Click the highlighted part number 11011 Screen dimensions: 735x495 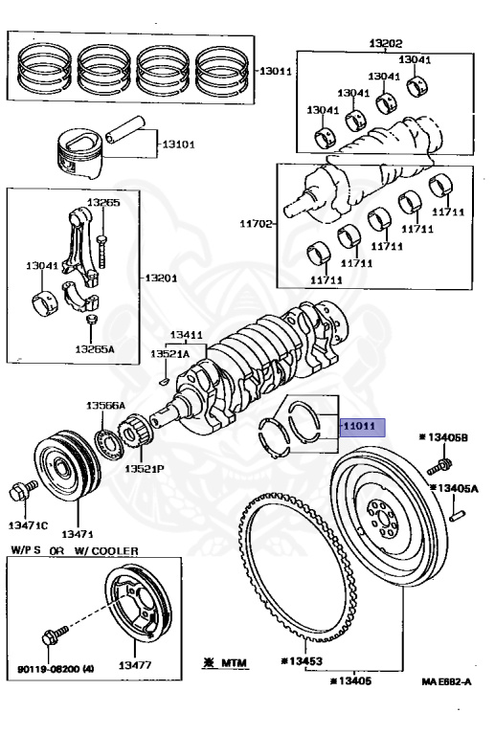(362, 426)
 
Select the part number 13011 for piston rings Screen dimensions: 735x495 (278, 71)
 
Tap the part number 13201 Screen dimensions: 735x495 (163, 278)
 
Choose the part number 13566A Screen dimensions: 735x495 (106, 406)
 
